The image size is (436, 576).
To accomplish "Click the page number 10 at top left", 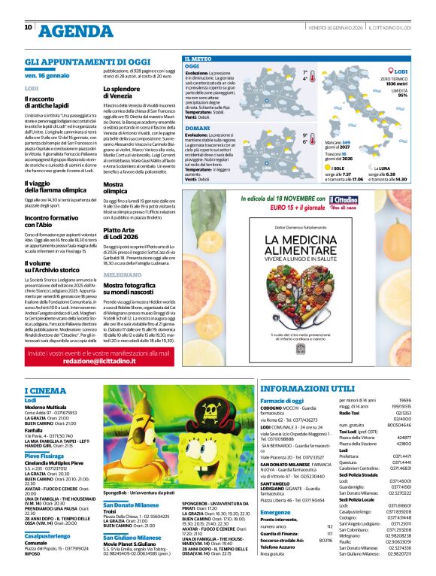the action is pos(29,27).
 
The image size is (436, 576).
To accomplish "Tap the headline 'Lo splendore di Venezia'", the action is pos(123,92).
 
